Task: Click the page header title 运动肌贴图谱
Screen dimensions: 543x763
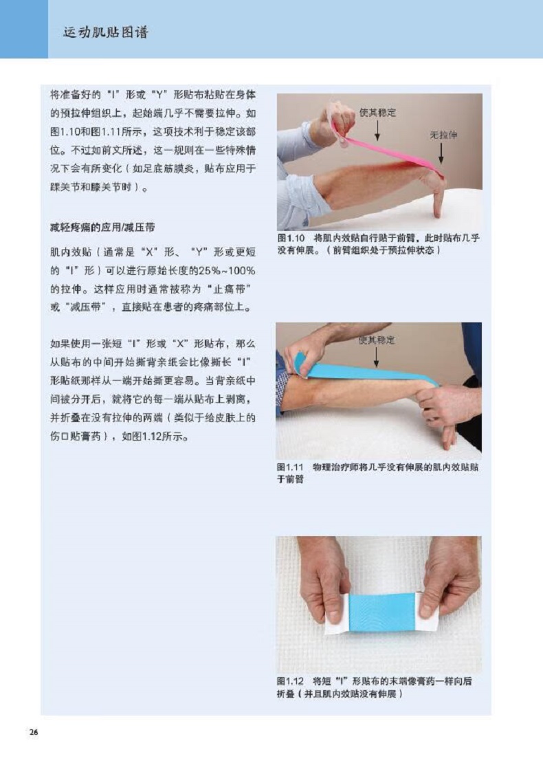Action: (105, 32)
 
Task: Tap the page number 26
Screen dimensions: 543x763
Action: (34, 732)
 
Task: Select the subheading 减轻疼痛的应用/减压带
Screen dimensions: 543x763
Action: (102, 228)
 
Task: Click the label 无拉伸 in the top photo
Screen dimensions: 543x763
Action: (443, 135)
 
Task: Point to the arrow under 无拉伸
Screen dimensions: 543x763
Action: (441, 153)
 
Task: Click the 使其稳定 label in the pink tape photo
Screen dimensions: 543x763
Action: (377, 113)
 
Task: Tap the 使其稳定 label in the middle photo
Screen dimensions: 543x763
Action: (377, 340)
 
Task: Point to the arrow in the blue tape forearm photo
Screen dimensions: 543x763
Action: (376, 357)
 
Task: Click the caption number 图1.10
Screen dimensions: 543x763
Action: (291, 238)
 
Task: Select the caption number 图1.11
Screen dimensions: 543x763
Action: (290, 467)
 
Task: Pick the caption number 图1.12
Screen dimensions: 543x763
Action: (290, 681)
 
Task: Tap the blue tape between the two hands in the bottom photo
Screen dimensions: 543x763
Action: (382, 612)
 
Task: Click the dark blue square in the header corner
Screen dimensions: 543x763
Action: (24, 29)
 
